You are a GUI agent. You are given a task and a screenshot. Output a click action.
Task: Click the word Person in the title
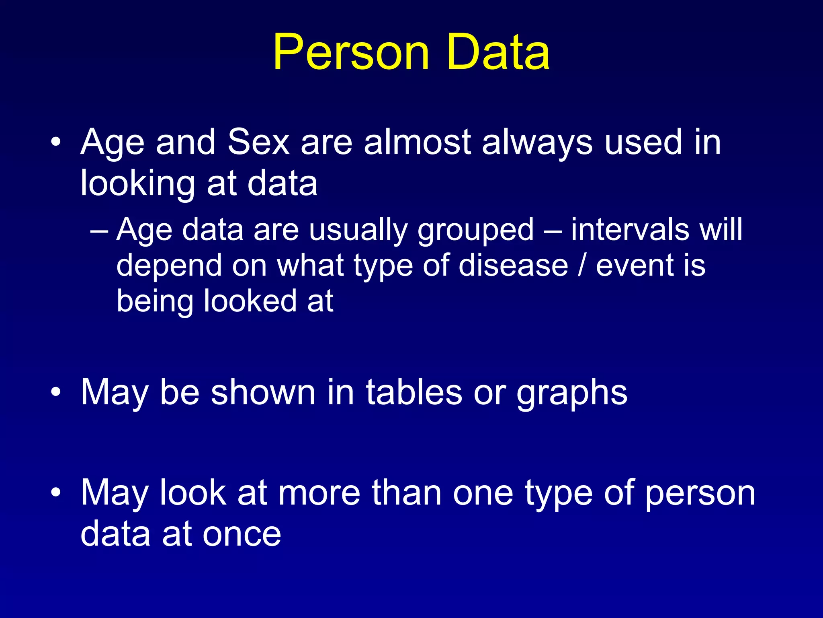pos(351,53)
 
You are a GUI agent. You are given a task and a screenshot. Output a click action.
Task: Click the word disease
pos(513,266)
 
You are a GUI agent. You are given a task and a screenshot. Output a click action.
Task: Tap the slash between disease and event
pos(581,266)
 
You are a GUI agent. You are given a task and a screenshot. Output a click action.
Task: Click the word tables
pos(414,392)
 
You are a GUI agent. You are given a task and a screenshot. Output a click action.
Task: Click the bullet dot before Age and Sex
pos(56,142)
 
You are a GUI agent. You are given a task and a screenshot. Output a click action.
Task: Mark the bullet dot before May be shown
pos(56,392)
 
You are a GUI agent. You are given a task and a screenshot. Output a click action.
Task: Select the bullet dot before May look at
pos(56,492)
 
